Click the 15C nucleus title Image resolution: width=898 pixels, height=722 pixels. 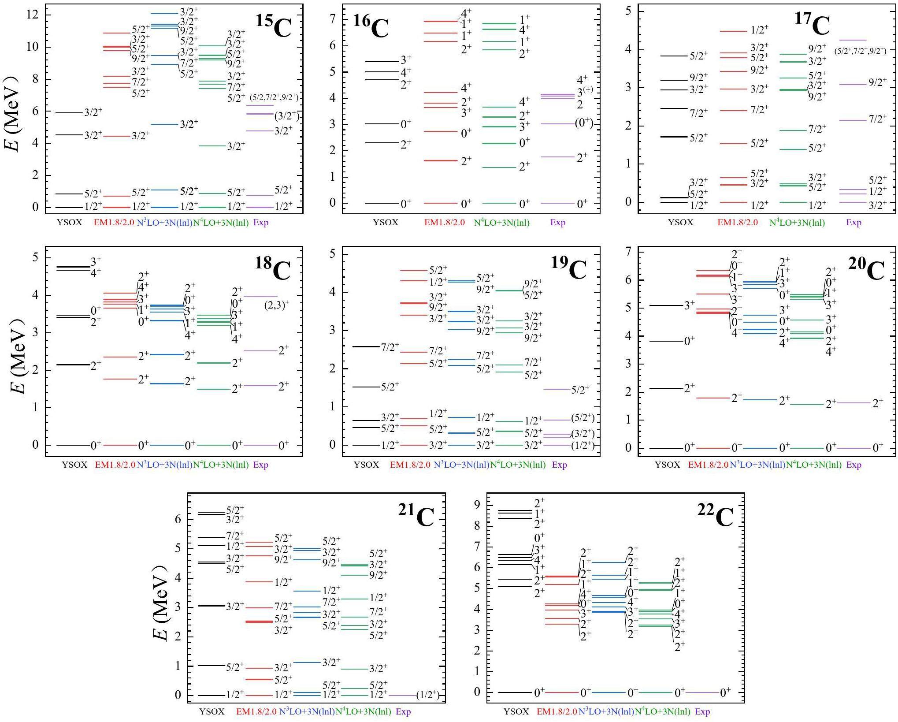coord(274,26)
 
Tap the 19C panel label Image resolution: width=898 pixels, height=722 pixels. coord(569,268)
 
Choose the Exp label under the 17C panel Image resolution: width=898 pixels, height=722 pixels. coord(853,223)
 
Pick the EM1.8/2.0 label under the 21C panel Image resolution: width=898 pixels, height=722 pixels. coord(256,711)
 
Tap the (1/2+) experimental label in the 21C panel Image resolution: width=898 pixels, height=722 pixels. coord(427,695)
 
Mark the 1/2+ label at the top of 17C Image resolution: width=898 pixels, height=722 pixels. coord(760,30)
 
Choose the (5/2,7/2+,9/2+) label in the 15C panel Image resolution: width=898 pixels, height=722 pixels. coord(274,97)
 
